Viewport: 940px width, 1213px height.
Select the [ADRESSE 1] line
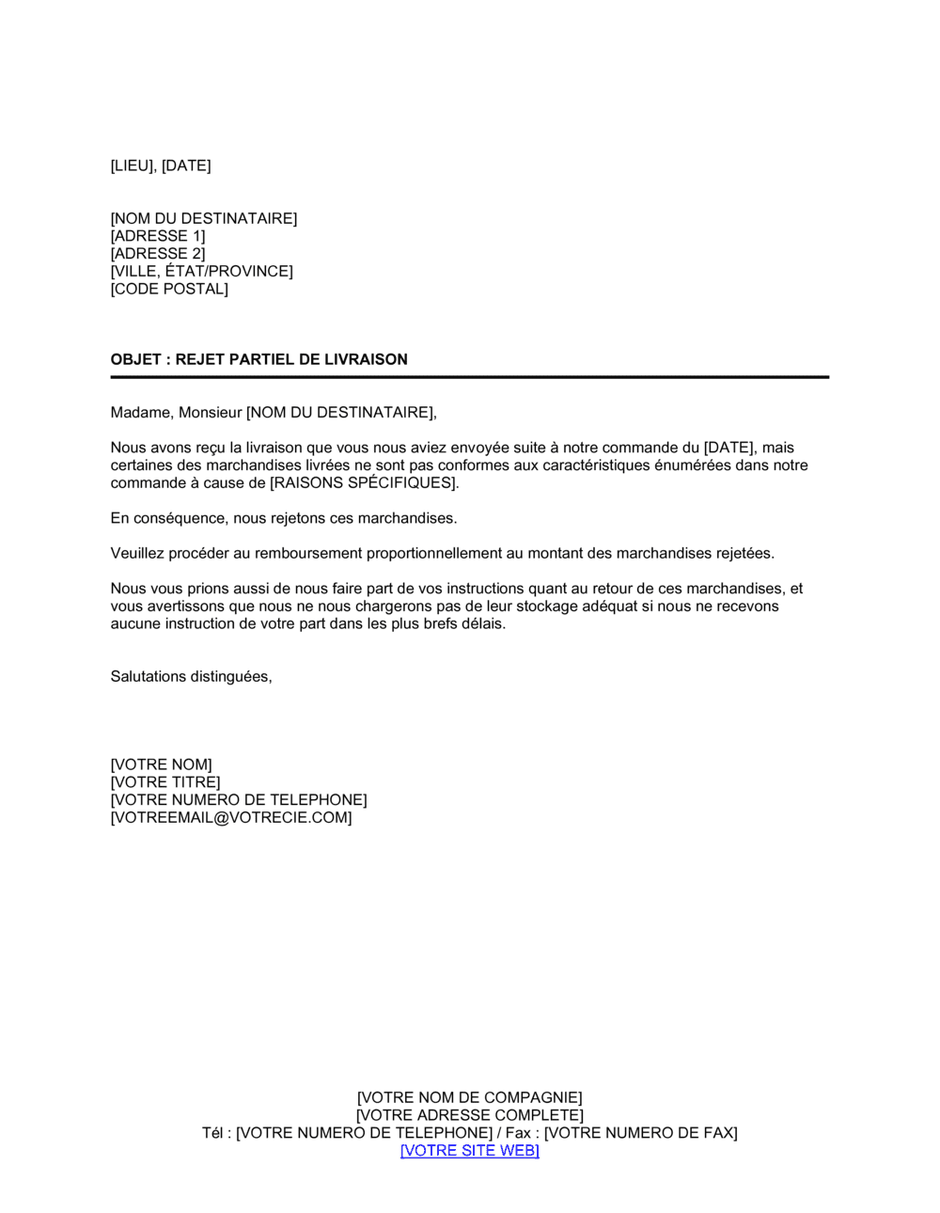[158, 236]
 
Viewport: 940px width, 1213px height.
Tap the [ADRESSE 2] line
[158, 254]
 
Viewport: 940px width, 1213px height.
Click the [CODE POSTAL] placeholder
[169, 289]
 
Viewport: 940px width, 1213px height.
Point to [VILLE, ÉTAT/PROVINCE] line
[201, 272]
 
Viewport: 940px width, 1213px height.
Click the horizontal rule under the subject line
[469, 377]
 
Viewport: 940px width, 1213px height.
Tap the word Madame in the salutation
[140, 413]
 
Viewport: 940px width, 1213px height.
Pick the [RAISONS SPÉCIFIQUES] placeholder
[364, 483]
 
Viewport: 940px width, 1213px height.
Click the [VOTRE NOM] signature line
[162, 765]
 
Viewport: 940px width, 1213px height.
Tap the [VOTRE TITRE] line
[165, 782]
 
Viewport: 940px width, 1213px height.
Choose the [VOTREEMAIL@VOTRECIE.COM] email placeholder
[231, 818]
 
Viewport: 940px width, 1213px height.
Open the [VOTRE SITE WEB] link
[469, 1151]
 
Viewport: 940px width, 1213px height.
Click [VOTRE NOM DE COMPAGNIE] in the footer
[469, 1098]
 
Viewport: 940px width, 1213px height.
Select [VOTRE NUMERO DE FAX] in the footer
[640, 1133]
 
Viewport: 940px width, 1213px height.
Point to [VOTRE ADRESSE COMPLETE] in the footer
[469, 1116]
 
